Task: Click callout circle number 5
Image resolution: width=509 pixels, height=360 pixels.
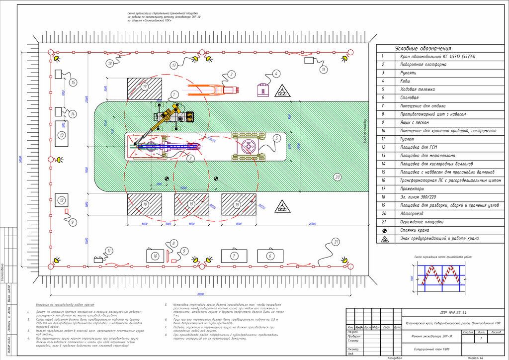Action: [x=276, y=138]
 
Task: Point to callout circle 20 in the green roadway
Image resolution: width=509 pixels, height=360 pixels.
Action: [x=337, y=177]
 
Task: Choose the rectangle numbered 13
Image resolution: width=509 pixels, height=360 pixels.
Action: [x=62, y=135]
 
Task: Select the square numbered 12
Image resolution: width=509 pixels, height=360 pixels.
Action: [x=61, y=201]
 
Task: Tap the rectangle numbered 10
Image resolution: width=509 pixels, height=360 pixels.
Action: [x=156, y=256]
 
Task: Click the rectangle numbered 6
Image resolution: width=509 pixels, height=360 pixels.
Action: [x=270, y=256]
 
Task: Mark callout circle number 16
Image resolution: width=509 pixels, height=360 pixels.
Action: [x=324, y=70]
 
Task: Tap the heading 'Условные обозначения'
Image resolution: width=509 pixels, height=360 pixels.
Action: [x=423, y=48]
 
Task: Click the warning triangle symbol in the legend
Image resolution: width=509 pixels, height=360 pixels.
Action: [x=384, y=239]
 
